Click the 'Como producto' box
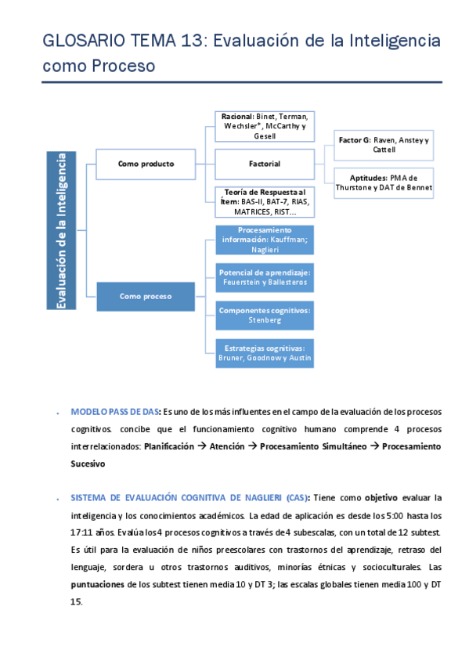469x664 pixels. click(146, 164)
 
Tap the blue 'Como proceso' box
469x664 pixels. click(146, 296)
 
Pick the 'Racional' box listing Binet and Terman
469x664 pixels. click(265, 126)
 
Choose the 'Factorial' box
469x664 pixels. click(265, 164)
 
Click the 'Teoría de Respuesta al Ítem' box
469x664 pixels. click(265, 201)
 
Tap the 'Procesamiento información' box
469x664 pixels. click(265, 240)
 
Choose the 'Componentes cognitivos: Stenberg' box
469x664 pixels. click(265, 315)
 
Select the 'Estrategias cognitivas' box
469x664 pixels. click(265, 353)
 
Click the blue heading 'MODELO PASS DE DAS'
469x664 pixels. click(116, 411)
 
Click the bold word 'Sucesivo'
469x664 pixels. click(88, 464)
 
